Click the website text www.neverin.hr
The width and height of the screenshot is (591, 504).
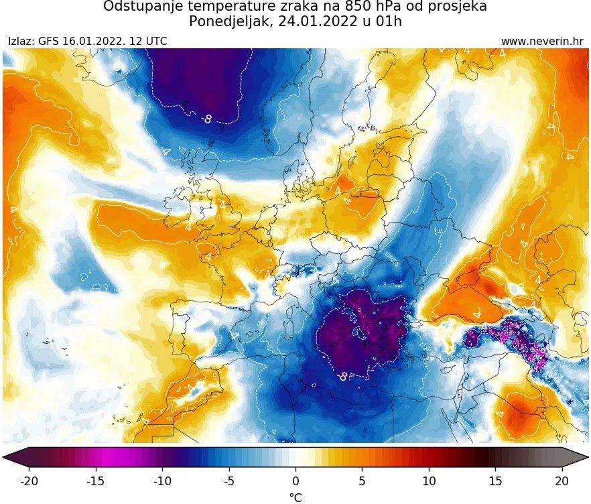coord(542,42)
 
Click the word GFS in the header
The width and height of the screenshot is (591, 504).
coord(49,42)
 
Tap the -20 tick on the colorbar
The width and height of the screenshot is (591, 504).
coord(29,481)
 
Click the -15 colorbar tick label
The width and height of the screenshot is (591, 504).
coord(95,481)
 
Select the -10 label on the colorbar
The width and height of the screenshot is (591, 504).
coord(161,481)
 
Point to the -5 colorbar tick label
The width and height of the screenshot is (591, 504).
coord(228,481)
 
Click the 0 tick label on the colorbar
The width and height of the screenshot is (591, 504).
coord(295,481)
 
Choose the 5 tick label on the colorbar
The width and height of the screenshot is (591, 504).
coord(362,481)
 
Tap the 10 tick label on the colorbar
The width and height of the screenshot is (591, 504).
coord(428,481)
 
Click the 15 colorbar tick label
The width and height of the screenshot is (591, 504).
coord(495,481)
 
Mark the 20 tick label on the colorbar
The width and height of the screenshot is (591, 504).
coord(562,481)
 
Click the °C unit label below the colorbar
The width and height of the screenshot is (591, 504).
coord(295,497)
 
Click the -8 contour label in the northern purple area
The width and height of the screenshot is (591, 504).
coord(207,119)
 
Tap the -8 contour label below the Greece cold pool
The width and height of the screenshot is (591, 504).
coord(343,377)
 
